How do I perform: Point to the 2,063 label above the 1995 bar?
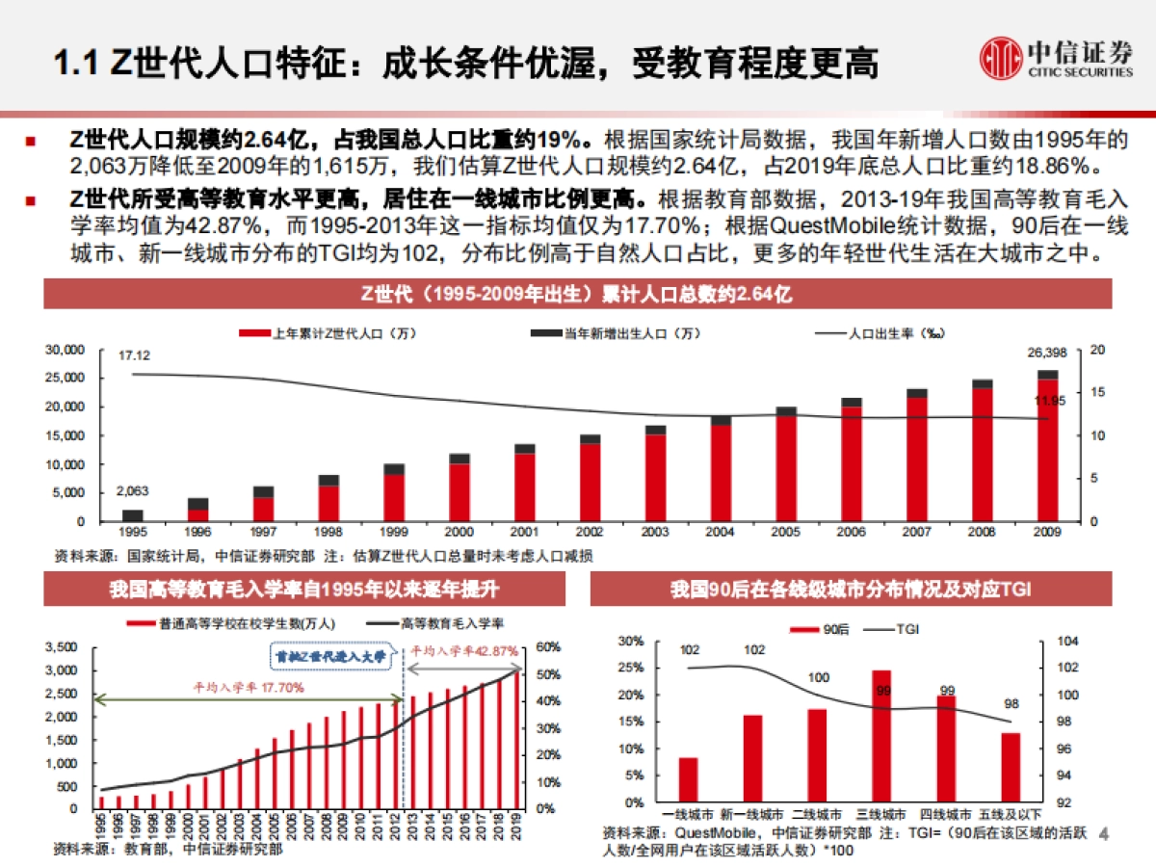pos(133,492)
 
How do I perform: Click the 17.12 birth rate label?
pos(134,356)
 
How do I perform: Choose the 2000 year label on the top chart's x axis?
pos(459,531)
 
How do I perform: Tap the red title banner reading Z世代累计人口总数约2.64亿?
pos(577,294)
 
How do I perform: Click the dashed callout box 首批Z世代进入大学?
pos(330,656)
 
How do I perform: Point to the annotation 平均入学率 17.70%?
pos(250,687)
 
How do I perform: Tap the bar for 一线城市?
pos(688,779)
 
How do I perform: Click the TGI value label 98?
pos(1011,703)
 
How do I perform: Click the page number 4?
pos(1104,832)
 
